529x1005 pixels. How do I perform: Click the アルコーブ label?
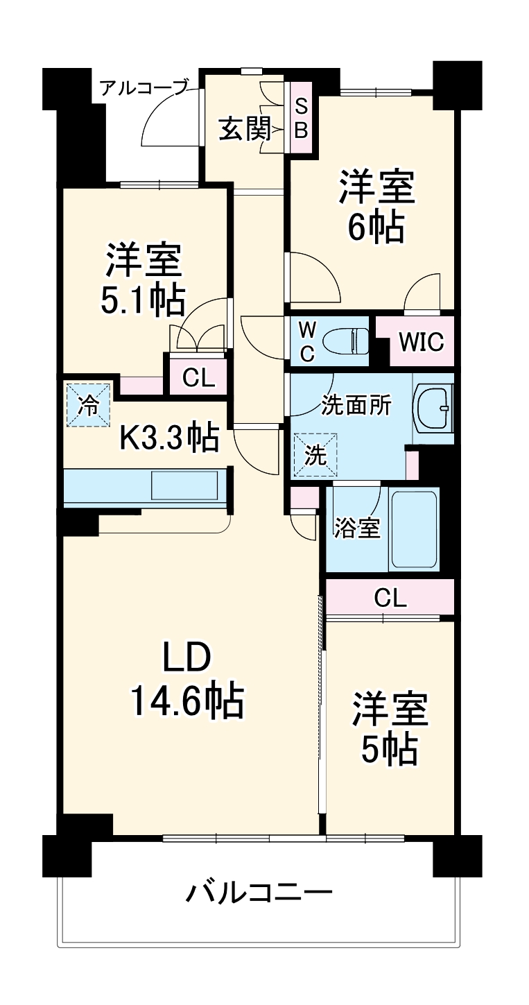pos(144,88)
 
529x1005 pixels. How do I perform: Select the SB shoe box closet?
pos(301,118)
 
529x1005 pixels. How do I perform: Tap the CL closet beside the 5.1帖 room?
pos(198,377)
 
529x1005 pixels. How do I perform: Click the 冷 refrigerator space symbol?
pos(88,405)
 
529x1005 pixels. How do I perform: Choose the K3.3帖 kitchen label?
pos(169,438)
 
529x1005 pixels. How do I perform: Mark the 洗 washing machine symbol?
pos(315,455)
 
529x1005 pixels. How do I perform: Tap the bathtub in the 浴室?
pos(414,529)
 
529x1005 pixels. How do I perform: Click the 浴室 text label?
pos(357,528)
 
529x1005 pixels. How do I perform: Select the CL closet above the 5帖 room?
pos(390,597)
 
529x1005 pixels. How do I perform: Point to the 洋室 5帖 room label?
pos(389,728)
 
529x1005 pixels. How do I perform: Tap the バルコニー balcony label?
pos(258,891)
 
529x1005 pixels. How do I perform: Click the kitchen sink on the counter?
pos(184,485)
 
